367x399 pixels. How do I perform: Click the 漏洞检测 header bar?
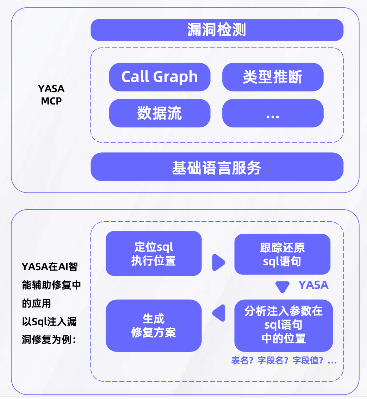(217, 30)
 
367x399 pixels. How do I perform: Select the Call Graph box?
(160, 77)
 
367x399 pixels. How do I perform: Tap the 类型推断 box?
(273, 77)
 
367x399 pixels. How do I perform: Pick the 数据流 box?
(160, 113)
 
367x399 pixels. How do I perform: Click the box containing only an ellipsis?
(273, 113)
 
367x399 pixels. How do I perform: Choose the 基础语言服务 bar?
(217, 167)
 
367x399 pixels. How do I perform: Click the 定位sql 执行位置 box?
(154, 253)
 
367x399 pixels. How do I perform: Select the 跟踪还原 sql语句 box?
(282, 254)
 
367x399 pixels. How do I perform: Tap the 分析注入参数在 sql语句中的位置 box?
(284, 325)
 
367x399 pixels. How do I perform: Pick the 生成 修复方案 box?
(154, 325)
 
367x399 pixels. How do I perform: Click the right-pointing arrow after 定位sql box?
(218, 262)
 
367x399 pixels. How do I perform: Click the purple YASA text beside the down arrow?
(313, 285)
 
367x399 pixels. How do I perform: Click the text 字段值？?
(307, 361)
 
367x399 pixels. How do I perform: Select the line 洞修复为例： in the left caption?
(49, 340)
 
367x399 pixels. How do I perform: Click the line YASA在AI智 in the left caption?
(50, 267)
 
